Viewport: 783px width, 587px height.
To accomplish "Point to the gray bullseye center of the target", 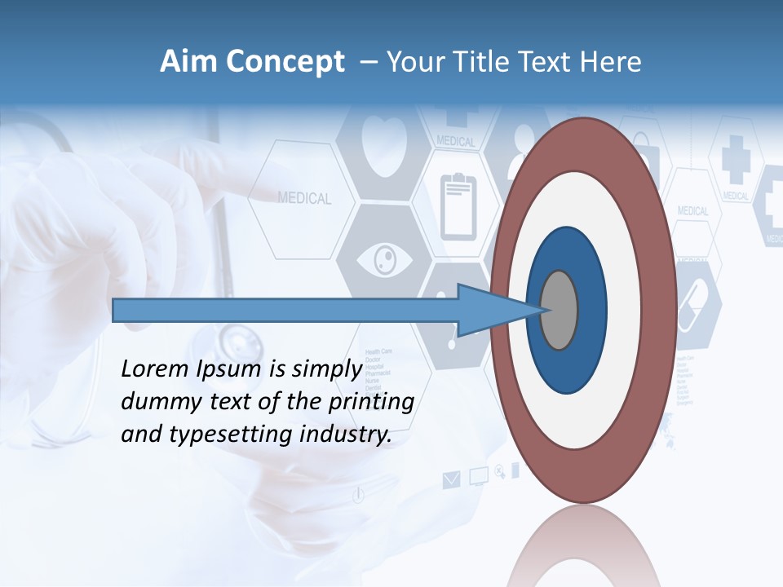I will point(560,310).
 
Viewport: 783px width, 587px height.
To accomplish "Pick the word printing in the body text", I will point(374,402).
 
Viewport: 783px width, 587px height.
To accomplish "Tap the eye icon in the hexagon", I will point(384,261).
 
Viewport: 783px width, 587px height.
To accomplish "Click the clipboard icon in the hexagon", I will point(458,206).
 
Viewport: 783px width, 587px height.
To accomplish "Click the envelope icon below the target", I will point(451,479).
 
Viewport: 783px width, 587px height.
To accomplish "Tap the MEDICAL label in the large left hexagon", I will point(304,198).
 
